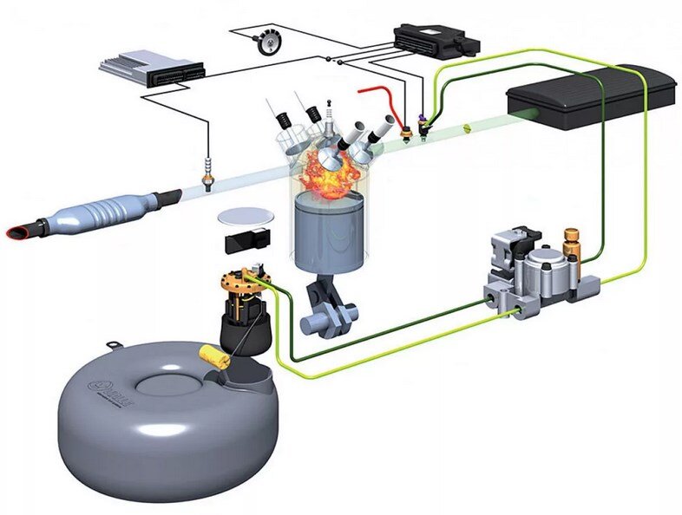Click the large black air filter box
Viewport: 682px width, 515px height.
[x=593, y=96]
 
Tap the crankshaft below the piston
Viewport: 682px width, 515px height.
[x=325, y=312]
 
